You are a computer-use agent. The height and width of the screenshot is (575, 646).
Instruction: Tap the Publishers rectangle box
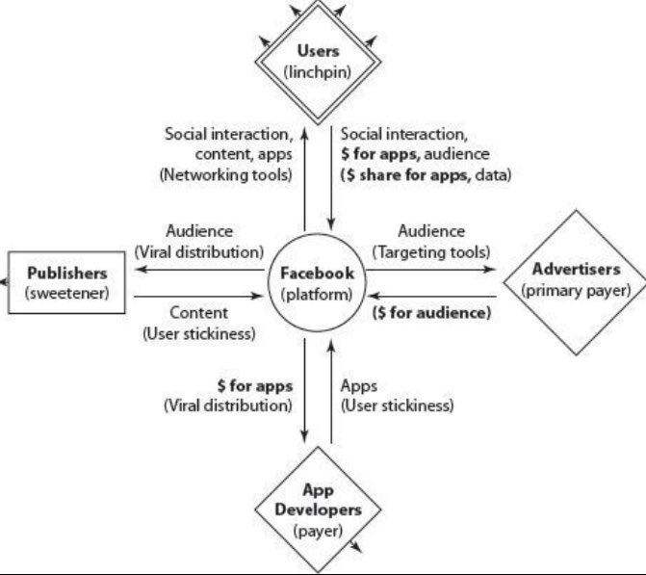click(x=65, y=282)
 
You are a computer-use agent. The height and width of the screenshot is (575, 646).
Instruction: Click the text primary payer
click(x=576, y=290)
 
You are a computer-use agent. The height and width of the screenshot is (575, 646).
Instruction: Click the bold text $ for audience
click(x=431, y=313)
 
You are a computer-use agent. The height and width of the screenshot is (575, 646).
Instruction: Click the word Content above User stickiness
click(x=198, y=313)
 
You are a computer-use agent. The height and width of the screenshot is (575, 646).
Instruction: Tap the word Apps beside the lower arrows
click(x=358, y=384)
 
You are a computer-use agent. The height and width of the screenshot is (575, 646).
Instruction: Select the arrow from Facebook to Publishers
click(x=202, y=272)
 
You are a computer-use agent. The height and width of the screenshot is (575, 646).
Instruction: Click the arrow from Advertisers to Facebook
click(x=433, y=295)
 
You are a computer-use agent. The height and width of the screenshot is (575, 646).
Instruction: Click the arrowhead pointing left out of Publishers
click(x=3, y=282)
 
